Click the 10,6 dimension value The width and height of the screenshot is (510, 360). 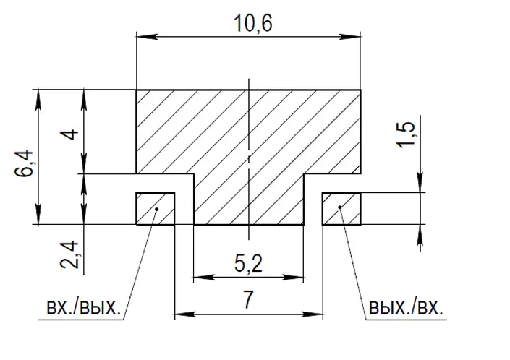pos(253,23)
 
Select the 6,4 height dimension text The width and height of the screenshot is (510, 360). pos(24,163)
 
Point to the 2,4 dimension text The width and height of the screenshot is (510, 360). pos(69,255)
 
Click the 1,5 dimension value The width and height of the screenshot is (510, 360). pos(406,134)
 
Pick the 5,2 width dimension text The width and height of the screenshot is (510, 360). pos(249,264)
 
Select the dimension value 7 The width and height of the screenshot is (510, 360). pos(248,300)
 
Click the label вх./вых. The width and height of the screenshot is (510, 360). pos(84,307)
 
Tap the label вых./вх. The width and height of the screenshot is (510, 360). pos(406,307)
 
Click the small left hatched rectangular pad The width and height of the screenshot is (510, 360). pos(155,209)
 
